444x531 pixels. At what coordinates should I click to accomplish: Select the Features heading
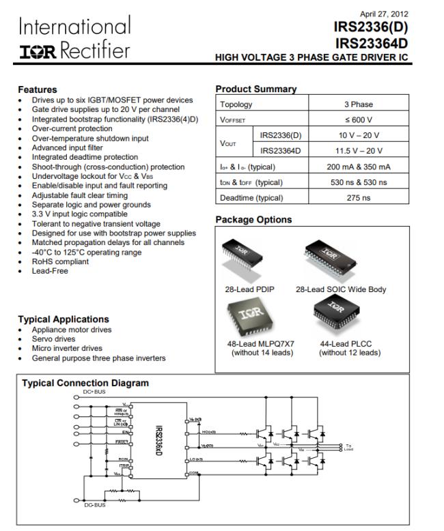pos(37,89)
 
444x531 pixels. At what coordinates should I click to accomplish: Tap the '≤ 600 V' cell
pos(358,120)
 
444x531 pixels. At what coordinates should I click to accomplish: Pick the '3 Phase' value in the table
pos(358,104)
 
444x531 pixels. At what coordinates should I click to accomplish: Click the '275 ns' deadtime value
pos(358,198)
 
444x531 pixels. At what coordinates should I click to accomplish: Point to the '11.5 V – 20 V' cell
pos(358,151)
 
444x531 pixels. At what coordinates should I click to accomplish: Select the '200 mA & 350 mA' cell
pos(358,167)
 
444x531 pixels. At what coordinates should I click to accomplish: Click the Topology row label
pos(235,104)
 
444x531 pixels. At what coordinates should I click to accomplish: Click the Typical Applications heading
pos(63,319)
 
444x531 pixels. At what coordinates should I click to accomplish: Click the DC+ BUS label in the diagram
pos(95,392)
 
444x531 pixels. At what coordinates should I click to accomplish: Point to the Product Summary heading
pos(255,89)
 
